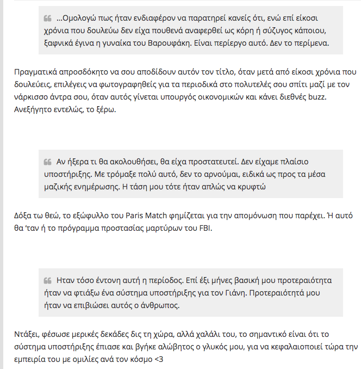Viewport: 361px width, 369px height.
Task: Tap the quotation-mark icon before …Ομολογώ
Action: pos(48,18)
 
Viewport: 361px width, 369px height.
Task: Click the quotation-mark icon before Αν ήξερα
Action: pos(48,162)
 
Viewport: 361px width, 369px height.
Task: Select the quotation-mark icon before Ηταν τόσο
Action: pos(48,281)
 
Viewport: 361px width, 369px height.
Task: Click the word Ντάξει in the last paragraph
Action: pos(24,335)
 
